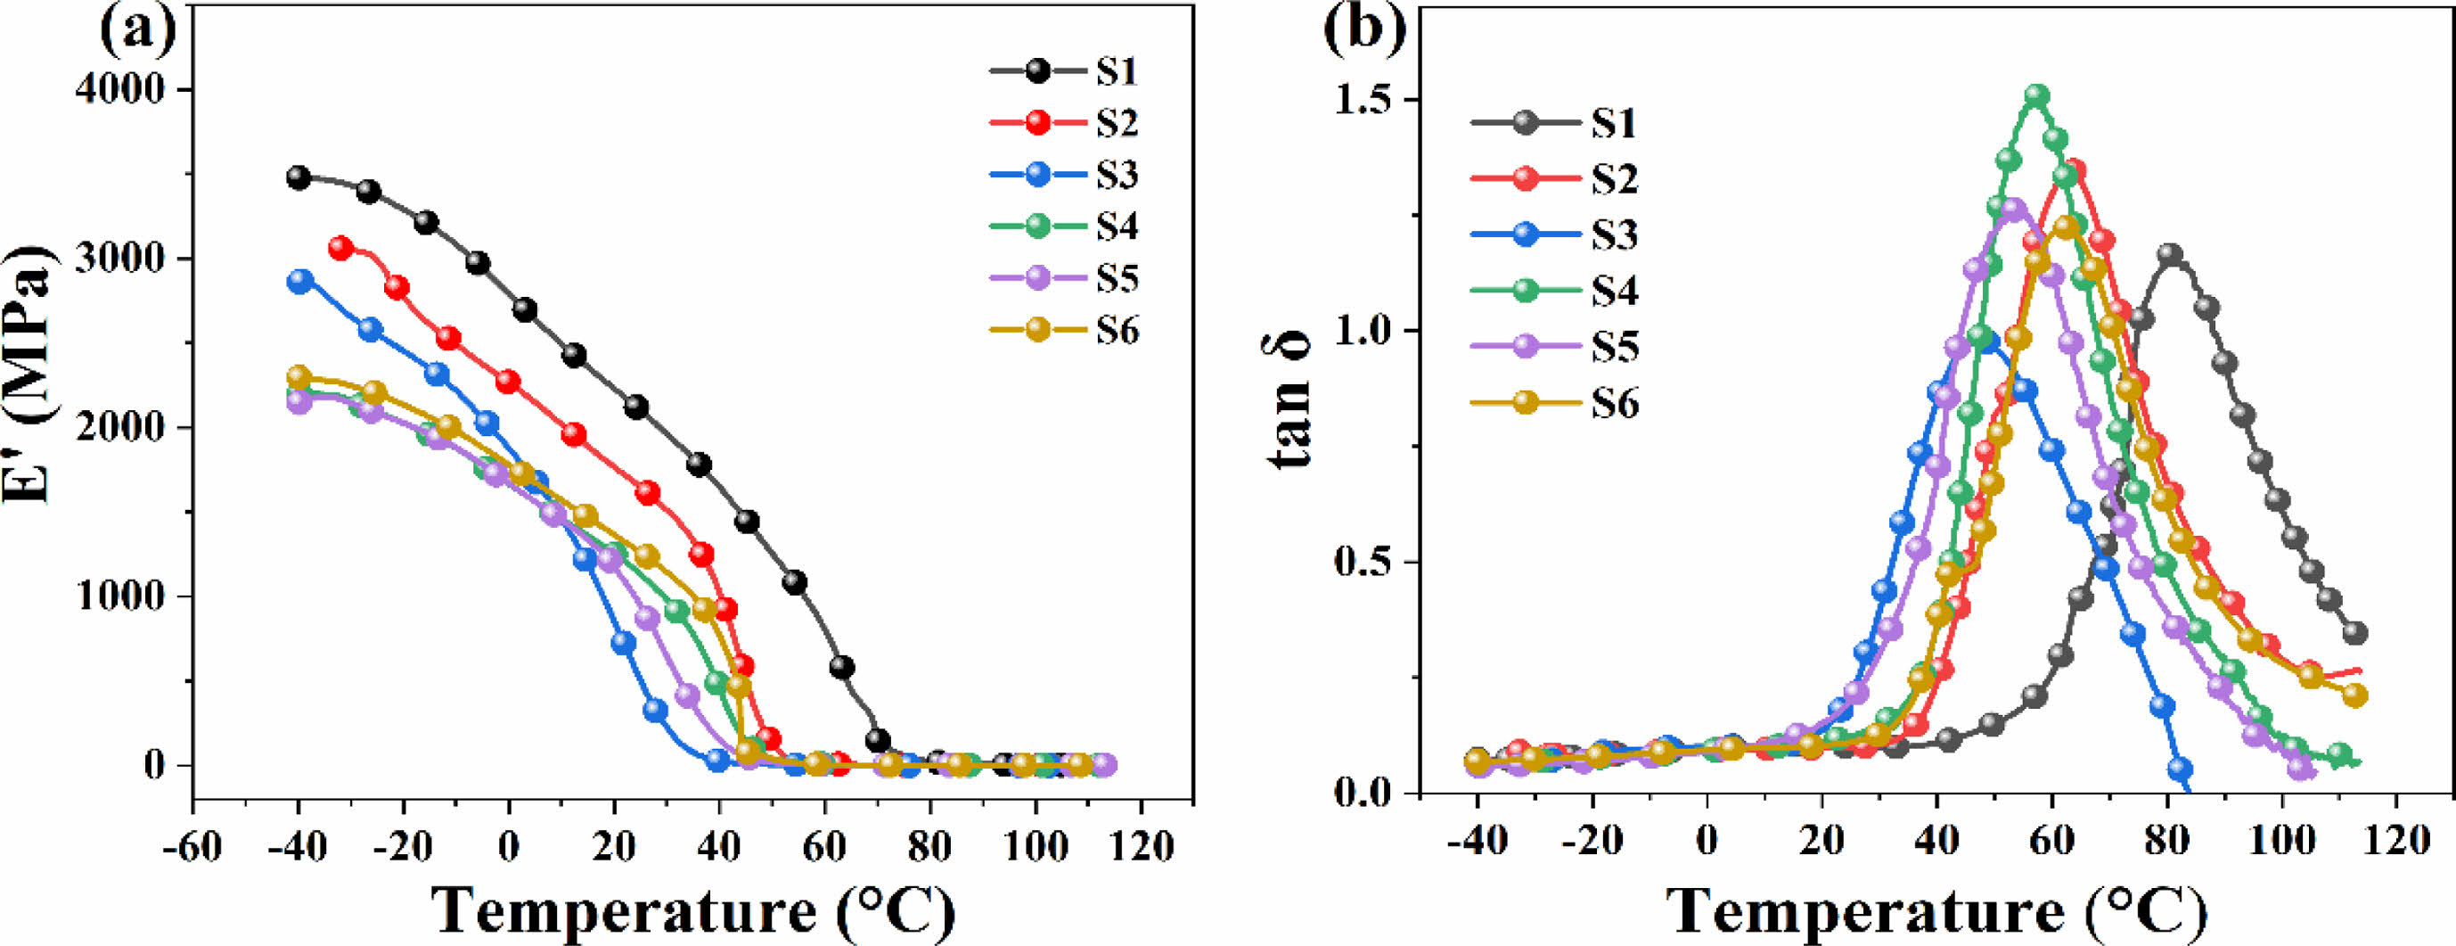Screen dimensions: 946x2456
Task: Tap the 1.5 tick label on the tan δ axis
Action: (1361, 100)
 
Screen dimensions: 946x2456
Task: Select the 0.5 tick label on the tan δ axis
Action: (1361, 563)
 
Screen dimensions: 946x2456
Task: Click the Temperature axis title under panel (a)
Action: (693, 910)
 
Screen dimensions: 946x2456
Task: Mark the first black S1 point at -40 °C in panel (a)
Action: (299, 177)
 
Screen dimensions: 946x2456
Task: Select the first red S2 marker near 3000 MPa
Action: (341, 248)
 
